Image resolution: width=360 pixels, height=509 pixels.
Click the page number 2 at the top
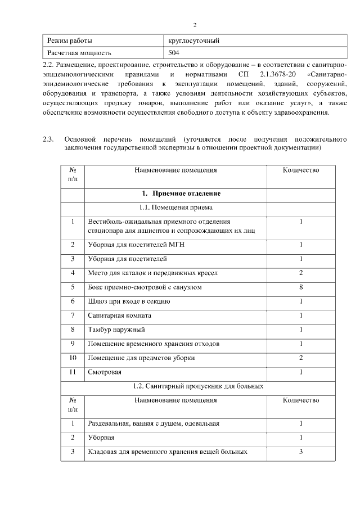pyautogui.click(x=195, y=25)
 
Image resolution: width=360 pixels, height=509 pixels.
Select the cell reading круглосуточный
pyautogui.click(x=194, y=40)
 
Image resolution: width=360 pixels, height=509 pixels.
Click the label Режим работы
pyautogui.click(x=70, y=40)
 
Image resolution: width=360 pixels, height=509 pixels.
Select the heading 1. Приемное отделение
pyautogui.click(x=175, y=193)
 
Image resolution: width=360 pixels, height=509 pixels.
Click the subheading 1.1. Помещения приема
pyautogui.click(x=175, y=208)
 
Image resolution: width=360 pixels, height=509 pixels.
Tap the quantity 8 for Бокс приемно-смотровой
pyautogui.click(x=301, y=287)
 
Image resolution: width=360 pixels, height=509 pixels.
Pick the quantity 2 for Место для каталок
pyautogui.click(x=301, y=273)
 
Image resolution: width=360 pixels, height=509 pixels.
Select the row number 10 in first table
pyautogui.click(x=73, y=358)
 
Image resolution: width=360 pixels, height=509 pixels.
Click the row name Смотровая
pyautogui.click(x=105, y=372)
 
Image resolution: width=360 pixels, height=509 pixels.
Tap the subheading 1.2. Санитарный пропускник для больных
pyautogui.click(x=198, y=386)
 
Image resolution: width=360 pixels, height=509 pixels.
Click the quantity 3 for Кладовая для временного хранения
pyautogui.click(x=301, y=452)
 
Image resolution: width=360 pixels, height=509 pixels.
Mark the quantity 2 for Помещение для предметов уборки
pyautogui.click(x=301, y=358)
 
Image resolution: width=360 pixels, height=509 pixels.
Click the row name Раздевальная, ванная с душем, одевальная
pyautogui.click(x=154, y=424)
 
